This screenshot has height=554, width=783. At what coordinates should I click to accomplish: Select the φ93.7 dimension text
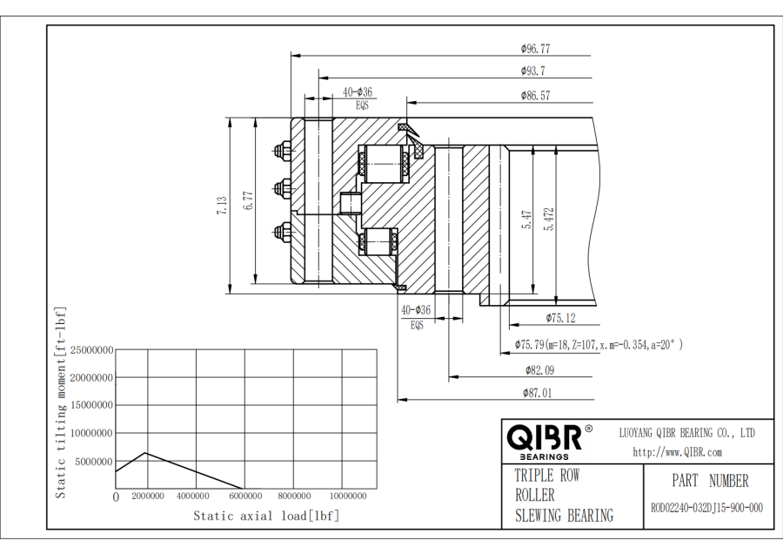(x=533, y=71)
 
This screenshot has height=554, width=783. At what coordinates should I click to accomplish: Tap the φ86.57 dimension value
(x=535, y=96)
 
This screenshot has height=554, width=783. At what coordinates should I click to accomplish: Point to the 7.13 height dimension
(x=222, y=206)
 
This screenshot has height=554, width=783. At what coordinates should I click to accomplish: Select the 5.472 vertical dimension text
(x=549, y=219)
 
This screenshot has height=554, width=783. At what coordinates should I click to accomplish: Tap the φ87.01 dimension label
(x=537, y=393)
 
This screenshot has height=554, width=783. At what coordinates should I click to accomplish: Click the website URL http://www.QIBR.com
(x=677, y=452)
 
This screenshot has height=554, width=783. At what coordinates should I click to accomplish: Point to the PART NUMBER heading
(x=709, y=481)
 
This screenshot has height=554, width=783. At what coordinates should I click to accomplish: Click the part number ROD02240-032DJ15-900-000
(x=706, y=509)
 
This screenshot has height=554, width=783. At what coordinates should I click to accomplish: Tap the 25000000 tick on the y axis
(x=91, y=350)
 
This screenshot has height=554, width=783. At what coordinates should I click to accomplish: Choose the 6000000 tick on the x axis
(x=246, y=497)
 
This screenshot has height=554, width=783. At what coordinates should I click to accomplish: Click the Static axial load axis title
(x=266, y=516)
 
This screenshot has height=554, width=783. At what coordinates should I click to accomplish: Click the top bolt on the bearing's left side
(x=282, y=152)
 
